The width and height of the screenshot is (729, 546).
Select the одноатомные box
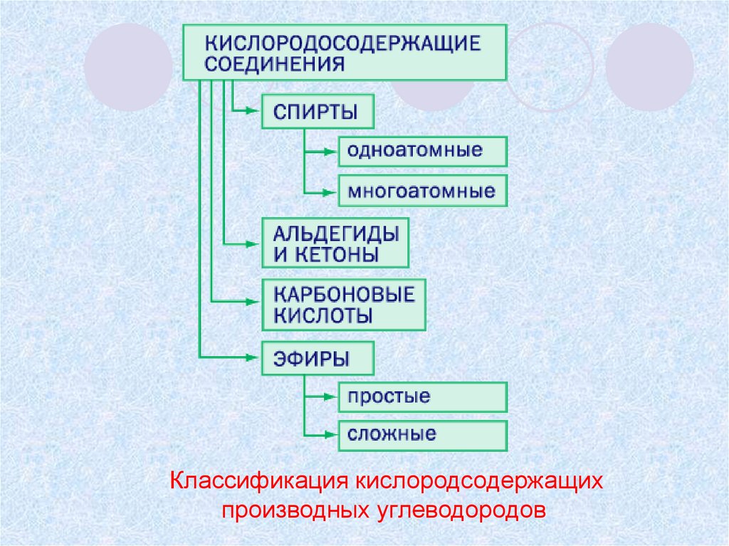422,151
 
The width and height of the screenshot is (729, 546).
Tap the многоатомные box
422,191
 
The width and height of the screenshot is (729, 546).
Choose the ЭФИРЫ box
318,359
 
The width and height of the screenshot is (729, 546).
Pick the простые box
422,397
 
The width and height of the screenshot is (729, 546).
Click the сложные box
422,434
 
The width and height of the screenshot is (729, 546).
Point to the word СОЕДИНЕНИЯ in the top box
275,64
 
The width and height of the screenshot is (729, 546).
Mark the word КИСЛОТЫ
322,316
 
